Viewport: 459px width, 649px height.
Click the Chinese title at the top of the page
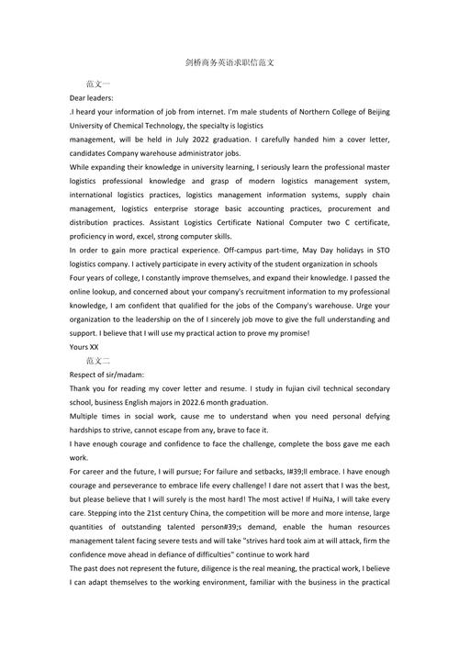[x=229, y=64]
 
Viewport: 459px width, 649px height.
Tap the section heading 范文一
[x=97, y=83]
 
